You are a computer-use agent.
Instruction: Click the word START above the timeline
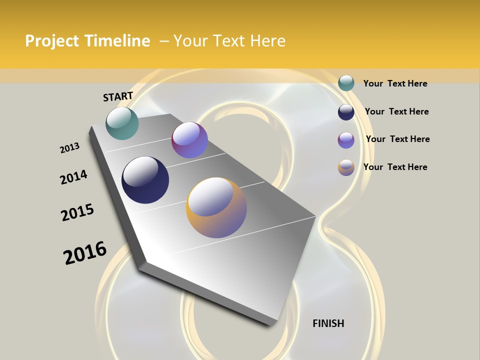pos(118,96)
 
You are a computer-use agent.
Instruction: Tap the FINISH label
pos(328,323)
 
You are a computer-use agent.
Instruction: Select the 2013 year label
pos(69,148)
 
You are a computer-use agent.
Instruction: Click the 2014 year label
pos(73,177)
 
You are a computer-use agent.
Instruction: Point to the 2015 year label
pos(77,212)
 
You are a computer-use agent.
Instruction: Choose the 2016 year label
pos(85,252)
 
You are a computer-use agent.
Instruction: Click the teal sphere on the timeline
pos(122,123)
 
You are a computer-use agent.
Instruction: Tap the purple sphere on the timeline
pos(189,140)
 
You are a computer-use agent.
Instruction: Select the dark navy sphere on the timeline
pos(145,180)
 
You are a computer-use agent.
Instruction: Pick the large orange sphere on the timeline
pos(216,207)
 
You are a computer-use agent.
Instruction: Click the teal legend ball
pos(346,83)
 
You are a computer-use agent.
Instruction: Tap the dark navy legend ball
pos(346,112)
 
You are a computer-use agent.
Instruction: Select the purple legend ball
pos(346,140)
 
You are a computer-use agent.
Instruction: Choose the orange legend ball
pos(346,167)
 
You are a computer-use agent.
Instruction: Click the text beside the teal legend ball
pos(395,83)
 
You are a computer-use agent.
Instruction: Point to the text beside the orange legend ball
pos(395,167)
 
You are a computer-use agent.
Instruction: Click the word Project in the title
pos(52,41)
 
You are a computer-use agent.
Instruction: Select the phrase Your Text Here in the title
pos(229,41)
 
